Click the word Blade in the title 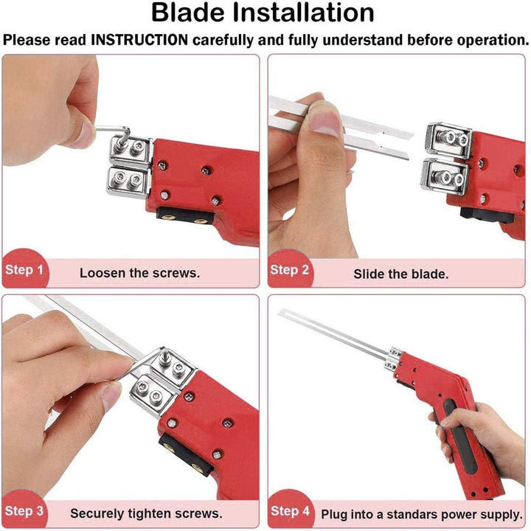[188, 13]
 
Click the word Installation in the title [303, 13]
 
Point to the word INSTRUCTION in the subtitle [139, 40]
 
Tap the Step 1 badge [24, 270]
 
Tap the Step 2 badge [290, 270]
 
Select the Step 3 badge [24, 510]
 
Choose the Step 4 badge [291, 510]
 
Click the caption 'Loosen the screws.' [140, 273]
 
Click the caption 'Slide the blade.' [401, 274]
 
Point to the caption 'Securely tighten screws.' [146, 513]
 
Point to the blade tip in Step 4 [280, 312]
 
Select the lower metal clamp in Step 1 [128, 181]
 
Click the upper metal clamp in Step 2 [448, 139]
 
